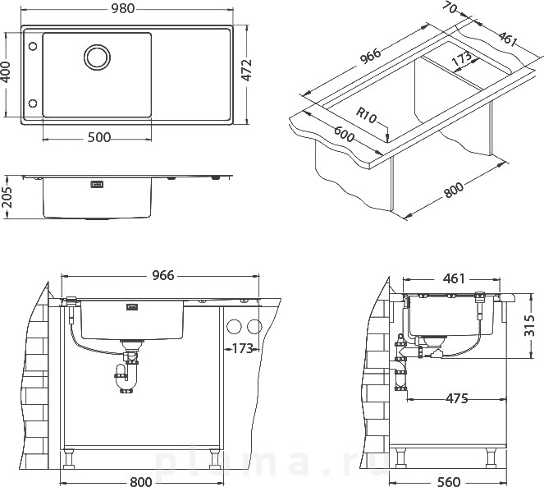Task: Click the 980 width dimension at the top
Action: click(x=122, y=8)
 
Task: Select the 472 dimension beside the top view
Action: click(x=247, y=71)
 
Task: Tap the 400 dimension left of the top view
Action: click(x=6, y=72)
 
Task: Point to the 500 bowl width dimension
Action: click(x=99, y=137)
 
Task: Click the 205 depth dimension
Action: click(x=7, y=197)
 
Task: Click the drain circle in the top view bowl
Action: click(x=97, y=57)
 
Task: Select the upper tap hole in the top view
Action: click(x=33, y=46)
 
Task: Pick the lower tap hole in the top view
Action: click(x=33, y=103)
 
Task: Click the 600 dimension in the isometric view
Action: click(x=344, y=134)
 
